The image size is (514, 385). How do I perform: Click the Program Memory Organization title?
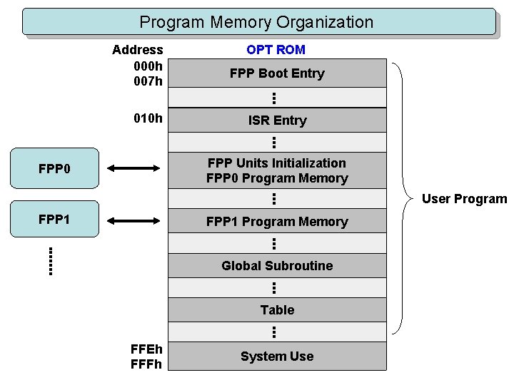(x=257, y=22)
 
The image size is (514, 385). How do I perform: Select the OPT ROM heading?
(x=276, y=50)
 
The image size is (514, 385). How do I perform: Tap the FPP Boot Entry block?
(x=277, y=73)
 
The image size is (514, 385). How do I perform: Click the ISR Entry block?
(x=277, y=120)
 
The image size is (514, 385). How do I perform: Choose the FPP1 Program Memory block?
(x=277, y=222)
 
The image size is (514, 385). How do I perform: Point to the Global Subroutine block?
(x=277, y=266)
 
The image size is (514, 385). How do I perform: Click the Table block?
(x=277, y=310)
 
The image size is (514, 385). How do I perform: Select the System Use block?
(x=277, y=356)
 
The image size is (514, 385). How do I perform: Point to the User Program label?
(x=464, y=199)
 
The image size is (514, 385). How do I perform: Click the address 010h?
(x=148, y=118)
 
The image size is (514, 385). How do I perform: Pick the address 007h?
(x=148, y=81)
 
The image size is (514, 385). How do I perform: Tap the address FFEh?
(x=146, y=349)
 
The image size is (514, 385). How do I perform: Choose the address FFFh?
(x=146, y=364)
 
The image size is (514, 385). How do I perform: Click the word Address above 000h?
(x=138, y=50)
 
